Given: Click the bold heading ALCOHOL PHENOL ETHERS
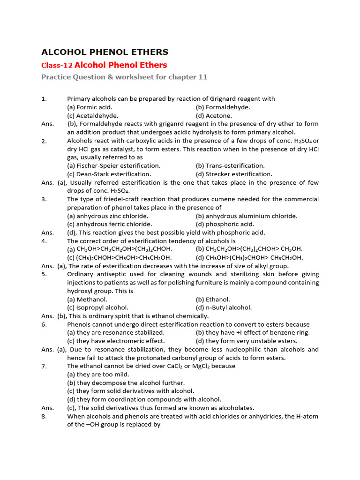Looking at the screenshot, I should coord(105,52).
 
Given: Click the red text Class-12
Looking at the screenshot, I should coord(57,66).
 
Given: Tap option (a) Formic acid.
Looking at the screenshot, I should coord(90,107).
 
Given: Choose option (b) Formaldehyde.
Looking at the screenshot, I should coord(223,107).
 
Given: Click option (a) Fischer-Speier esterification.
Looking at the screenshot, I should coord(114,166).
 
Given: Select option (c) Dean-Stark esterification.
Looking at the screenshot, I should coord(109,174).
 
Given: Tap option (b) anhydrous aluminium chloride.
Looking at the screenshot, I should coord(247,216).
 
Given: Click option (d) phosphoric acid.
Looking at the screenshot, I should coord(225,225).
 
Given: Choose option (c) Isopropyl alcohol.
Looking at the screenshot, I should coord(97,308).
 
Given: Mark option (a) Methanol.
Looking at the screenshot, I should coord(87,300).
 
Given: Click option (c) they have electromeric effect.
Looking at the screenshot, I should coord(116,341).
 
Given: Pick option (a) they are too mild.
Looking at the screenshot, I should coord(98,375).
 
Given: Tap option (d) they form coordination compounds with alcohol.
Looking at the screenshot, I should coord(144,399).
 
